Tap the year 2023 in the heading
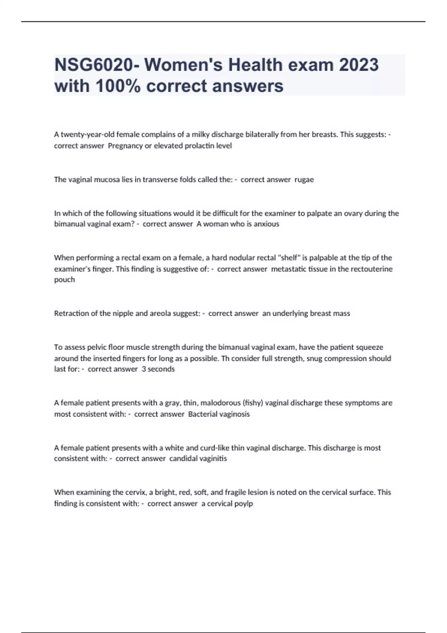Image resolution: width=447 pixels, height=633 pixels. point(359,65)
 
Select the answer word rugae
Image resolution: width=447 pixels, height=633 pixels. point(304,179)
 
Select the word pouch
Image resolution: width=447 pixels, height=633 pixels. point(64,280)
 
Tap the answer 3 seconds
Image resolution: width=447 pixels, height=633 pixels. point(158,369)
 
